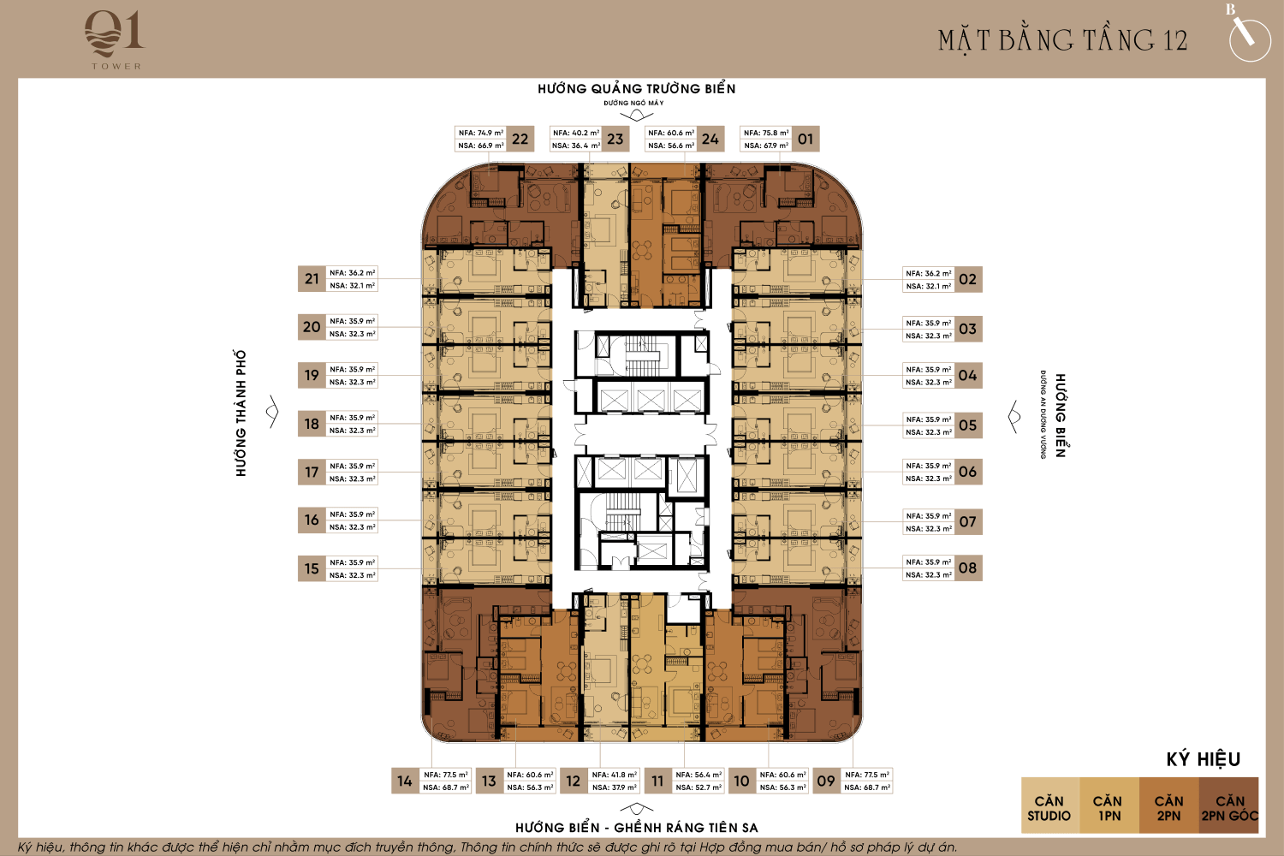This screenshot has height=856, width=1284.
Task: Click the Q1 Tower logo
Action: click(115, 40)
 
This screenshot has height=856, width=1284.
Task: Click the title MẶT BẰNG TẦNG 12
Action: click(1062, 40)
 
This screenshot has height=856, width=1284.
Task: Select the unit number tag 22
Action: click(520, 139)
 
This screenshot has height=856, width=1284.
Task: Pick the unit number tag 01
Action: click(805, 139)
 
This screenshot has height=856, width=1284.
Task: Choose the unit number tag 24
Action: click(710, 139)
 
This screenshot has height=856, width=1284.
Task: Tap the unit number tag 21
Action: click(312, 279)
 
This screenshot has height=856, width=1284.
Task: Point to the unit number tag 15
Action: click(312, 568)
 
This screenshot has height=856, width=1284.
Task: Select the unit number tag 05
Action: click(968, 425)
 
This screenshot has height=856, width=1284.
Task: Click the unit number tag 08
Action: click(968, 568)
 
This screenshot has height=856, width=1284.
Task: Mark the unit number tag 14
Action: click(405, 781)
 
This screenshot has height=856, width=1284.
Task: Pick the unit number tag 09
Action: click(826, 781)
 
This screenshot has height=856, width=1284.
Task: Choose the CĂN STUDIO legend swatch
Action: click(1049, 805)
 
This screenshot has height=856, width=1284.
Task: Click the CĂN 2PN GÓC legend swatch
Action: click(1229, 805)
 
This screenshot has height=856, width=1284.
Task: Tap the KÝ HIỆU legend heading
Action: click(1204, 759)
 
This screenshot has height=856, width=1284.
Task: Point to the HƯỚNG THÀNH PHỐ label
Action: click(241, 413)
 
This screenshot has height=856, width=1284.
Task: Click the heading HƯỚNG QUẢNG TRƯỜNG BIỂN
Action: click(636, 89)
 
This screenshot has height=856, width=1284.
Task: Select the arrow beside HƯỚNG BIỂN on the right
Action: click(1014, 416)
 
